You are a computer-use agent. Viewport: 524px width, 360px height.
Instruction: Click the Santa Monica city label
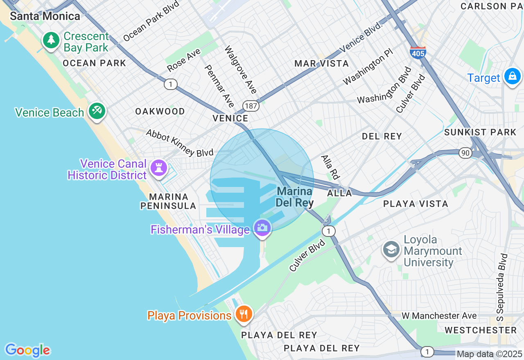coord(45,16)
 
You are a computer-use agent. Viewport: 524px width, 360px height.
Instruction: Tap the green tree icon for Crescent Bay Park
coord(51,40)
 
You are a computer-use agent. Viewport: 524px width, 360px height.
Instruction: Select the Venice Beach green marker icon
coord(97,111)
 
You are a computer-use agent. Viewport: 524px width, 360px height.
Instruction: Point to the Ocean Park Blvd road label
coord(151,21)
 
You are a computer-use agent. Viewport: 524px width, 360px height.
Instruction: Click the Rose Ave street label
coord(184,60)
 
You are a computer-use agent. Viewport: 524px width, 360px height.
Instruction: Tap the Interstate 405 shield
coord(418,52)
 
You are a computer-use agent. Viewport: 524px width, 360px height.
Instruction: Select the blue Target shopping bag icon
coord(512,76)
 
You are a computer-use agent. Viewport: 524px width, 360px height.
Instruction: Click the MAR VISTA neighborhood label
coord(322,63)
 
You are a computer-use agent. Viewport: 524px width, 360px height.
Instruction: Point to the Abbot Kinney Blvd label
coord(180,143)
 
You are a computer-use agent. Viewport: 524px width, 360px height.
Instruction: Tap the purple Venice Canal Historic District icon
coord(158,168)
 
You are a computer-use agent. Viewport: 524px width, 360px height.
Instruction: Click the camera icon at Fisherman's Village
coord(262,228)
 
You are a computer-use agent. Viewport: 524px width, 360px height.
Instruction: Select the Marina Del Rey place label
coord(295,197)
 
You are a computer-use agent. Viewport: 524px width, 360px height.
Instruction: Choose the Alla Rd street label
coord(330,167)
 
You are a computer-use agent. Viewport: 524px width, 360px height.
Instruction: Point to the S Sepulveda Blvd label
coord(502,288)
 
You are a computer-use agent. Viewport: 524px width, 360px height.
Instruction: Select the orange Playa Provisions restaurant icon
coord(244,315)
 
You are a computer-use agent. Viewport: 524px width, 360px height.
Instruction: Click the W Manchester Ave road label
coord(439,316)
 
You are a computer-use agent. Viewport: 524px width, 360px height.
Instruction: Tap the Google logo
coord(27,351)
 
